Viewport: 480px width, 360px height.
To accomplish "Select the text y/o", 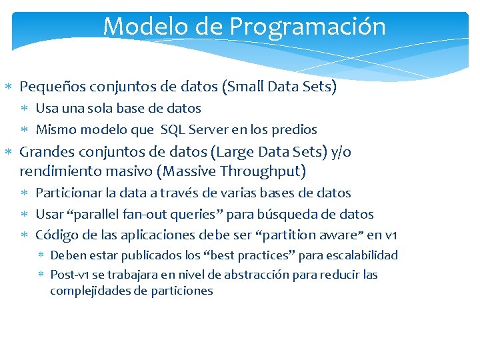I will click(x=341, y=151).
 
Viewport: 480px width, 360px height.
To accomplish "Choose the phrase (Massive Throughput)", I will click(x=231, y=171).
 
